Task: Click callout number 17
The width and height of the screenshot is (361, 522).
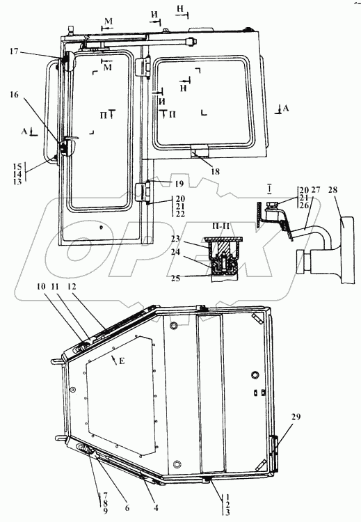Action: pyautogui.click(x=14, y=52)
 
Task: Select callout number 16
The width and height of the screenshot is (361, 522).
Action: pyautogui.click(x=14, y=95)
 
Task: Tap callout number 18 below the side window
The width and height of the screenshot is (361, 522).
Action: pyautogui.click(x=215, y=171)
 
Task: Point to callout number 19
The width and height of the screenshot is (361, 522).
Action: pyautogui.click(x=179, y=184)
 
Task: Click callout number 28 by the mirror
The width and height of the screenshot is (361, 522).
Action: pyautogui.click(x=332, y=190)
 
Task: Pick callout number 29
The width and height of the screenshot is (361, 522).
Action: pyautogui.click(x=296, y=416)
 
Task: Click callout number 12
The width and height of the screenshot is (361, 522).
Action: pyautogui.click(x=71, y=286)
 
